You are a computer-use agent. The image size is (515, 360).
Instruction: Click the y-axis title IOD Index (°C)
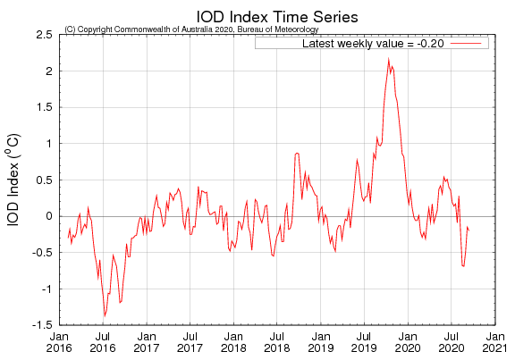tap(15, 179)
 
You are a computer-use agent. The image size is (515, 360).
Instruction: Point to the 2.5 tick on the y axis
tap(43, 34)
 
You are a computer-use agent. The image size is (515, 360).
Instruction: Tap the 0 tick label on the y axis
tap(48, 216)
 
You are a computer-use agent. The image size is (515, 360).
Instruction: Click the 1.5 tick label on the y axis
tap(43, 107)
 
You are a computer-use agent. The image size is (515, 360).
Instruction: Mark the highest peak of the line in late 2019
tap(388, 59)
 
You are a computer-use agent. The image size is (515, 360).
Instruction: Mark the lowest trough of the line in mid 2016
tap(105, 315)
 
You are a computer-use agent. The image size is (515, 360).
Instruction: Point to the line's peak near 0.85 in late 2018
tap(297, 154)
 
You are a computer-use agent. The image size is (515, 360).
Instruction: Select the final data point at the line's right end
tap(469, 230)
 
